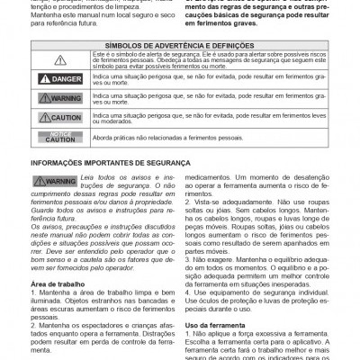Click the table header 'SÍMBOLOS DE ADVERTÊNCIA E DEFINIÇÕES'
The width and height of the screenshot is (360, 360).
[x=180, y=43]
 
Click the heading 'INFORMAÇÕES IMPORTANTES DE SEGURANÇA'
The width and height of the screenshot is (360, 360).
[x=110, y=163]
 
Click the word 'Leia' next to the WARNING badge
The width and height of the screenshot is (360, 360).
[x=88, y=179]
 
